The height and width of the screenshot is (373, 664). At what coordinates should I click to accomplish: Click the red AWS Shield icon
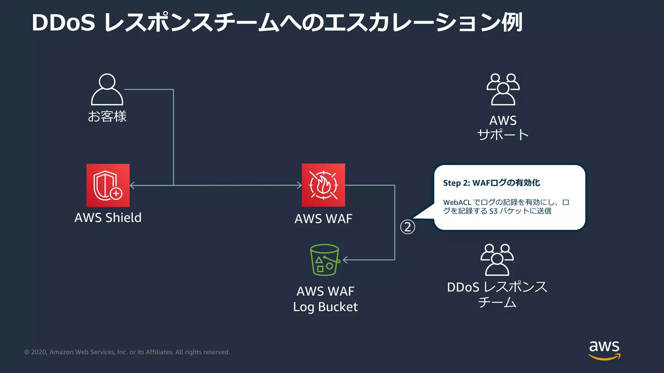pos(108,185)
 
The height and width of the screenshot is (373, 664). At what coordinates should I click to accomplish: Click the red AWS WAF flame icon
pos(323,185)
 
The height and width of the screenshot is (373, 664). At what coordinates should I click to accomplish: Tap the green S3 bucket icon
pos(325,260)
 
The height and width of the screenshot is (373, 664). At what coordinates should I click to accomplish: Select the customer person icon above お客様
pos(107,90)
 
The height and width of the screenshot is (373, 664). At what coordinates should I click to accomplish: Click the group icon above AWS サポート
pos(503,90)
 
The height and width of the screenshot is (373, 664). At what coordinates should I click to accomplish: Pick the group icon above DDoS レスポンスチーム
pos(497,260)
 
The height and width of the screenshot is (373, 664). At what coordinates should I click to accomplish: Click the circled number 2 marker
pos(408,227)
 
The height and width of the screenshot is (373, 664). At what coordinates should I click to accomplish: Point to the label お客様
pos(107,116)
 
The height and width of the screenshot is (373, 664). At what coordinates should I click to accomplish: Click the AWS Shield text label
pos(108,218)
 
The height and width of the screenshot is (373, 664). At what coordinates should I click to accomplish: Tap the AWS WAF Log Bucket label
pos(325,299)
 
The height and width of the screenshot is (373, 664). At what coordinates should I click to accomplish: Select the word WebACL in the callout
pos(457,202)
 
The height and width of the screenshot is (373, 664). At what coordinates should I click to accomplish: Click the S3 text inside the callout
pos(493,211)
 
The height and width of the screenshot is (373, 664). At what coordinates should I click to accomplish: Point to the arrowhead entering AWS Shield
pos(132,185)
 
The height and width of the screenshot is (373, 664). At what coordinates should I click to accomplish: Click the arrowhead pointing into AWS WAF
pos(300,185)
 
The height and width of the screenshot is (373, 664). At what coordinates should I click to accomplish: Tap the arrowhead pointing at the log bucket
pos(345,260)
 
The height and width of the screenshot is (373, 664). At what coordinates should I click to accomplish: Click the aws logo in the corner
pos(604,350)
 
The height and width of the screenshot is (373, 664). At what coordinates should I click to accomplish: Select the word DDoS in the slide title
pos(64,23)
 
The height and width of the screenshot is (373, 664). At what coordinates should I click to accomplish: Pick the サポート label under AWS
pos(503,135)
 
